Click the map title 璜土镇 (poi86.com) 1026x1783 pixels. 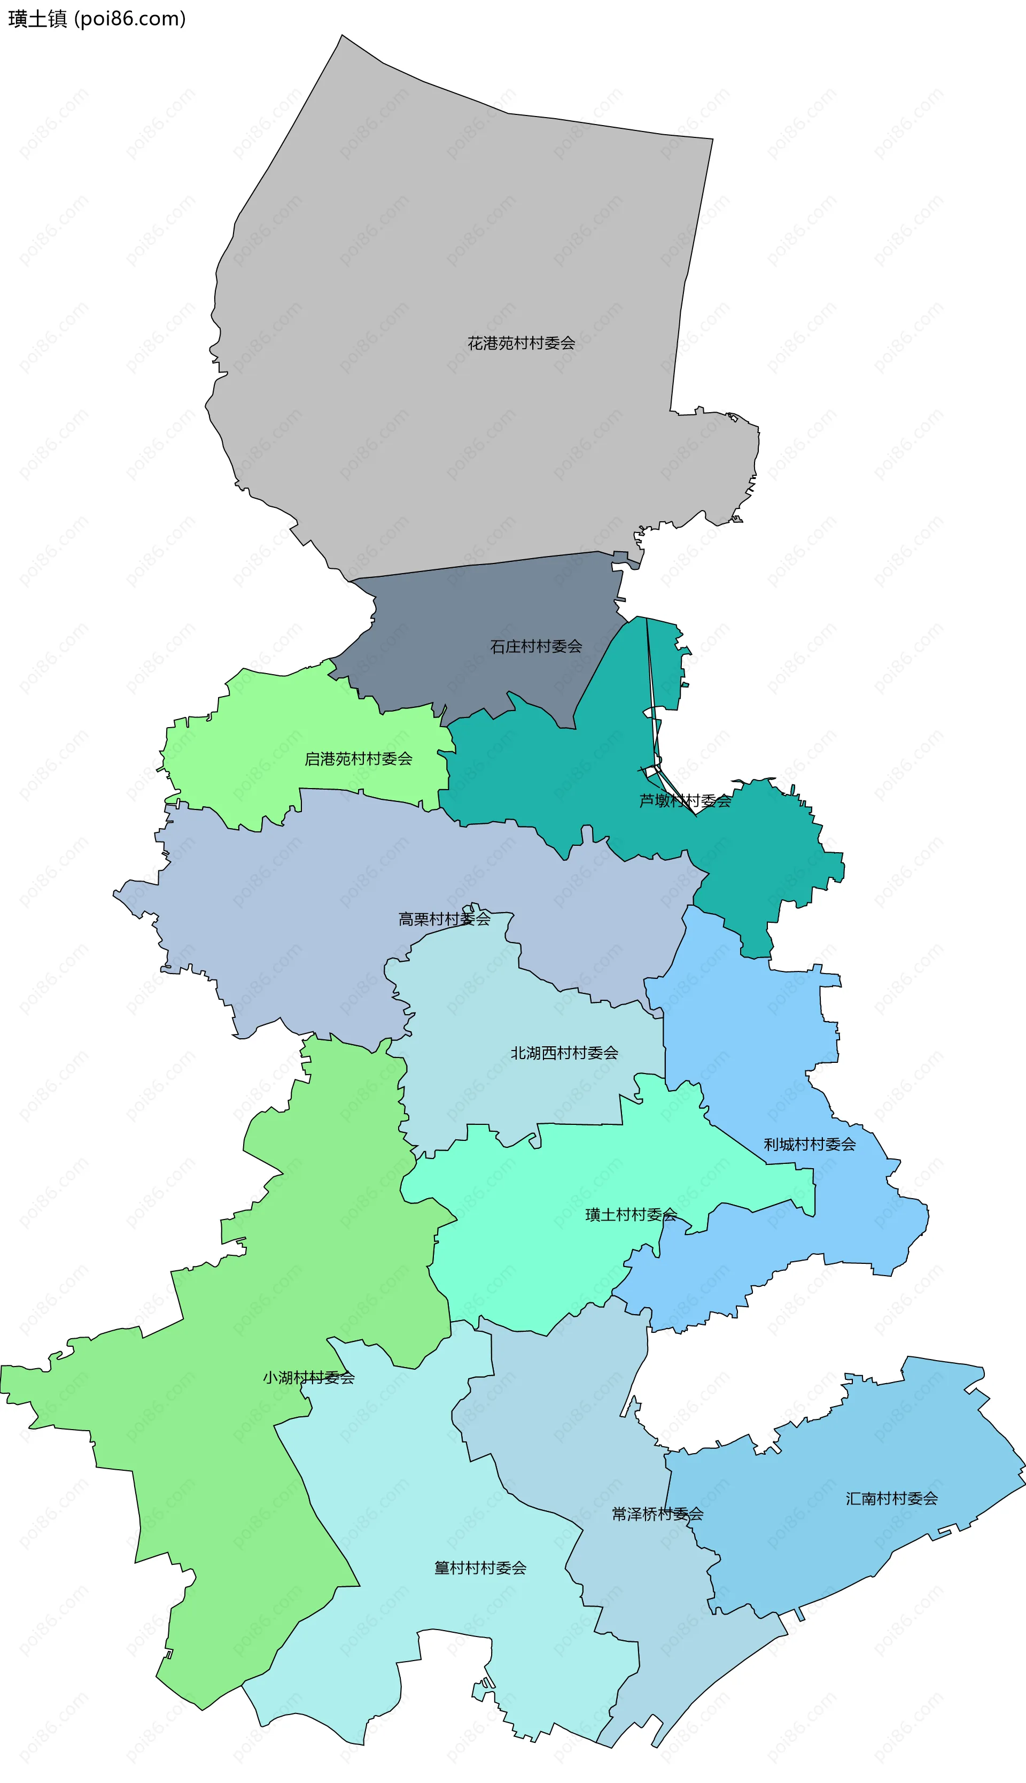click(x=97, y=18)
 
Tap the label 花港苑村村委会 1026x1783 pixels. click(x=521, y=343)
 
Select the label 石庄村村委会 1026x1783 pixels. click(x=535, y=646)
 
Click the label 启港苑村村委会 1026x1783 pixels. click(x=358, y=759)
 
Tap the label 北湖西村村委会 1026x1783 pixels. click(x=564, y=1053)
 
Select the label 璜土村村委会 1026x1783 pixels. click(x=631, y=1214)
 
